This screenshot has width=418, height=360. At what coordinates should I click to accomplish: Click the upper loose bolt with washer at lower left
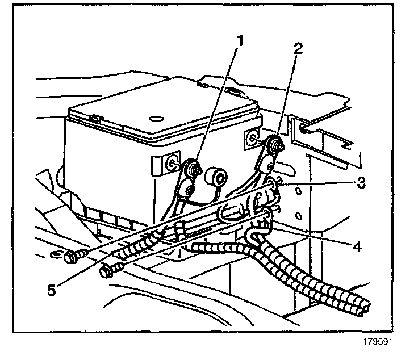point(72,257)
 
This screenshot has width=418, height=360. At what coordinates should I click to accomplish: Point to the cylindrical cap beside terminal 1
point(217,177)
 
